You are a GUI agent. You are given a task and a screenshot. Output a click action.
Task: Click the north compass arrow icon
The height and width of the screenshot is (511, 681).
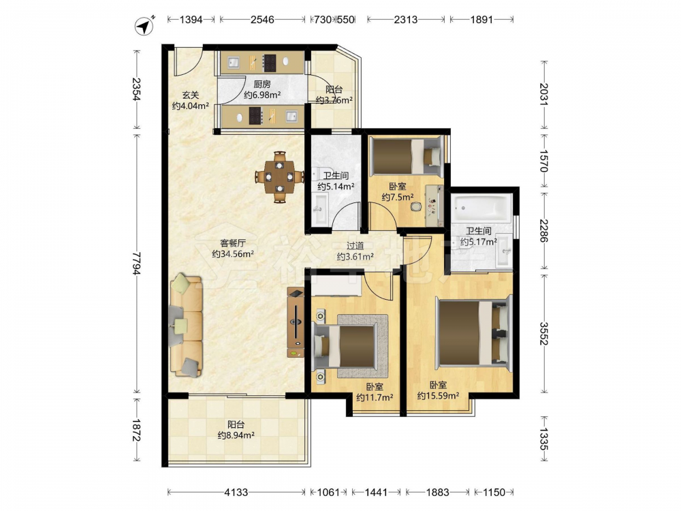[x=146, y=26]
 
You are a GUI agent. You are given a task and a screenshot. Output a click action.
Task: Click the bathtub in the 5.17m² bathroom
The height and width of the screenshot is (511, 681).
[x=481, y=208]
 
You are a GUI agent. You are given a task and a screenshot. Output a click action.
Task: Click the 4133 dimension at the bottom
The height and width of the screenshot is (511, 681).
[x=236, y=492]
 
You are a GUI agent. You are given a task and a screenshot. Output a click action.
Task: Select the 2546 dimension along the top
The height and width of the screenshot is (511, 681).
[x=262, y=20]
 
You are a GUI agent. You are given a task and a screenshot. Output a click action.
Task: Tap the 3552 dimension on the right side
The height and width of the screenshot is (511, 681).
[x=543, y=333]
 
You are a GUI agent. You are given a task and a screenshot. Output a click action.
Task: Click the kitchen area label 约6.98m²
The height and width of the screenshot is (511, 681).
[x=262, y=95]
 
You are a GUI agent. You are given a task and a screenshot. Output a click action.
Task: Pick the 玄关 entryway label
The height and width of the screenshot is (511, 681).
[x=190, y=94]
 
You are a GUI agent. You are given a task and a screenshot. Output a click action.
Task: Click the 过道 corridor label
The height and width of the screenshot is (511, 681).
[x=355, y=246]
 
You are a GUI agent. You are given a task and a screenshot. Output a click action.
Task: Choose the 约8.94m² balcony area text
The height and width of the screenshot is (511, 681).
[x=236, y=435]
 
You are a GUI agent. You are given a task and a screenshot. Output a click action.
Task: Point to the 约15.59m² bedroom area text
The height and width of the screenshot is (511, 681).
[x=438, y=395]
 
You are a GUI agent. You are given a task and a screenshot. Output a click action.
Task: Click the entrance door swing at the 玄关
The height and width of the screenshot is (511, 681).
[x=188, y=63]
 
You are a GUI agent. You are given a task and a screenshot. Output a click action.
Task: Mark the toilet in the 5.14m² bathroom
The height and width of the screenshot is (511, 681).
[x=321, y=174]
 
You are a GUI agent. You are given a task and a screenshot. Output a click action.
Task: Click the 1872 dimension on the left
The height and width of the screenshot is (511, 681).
[x=137, y=430]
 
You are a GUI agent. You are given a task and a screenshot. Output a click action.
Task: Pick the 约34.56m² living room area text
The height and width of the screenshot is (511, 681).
[x=233, y=253]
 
